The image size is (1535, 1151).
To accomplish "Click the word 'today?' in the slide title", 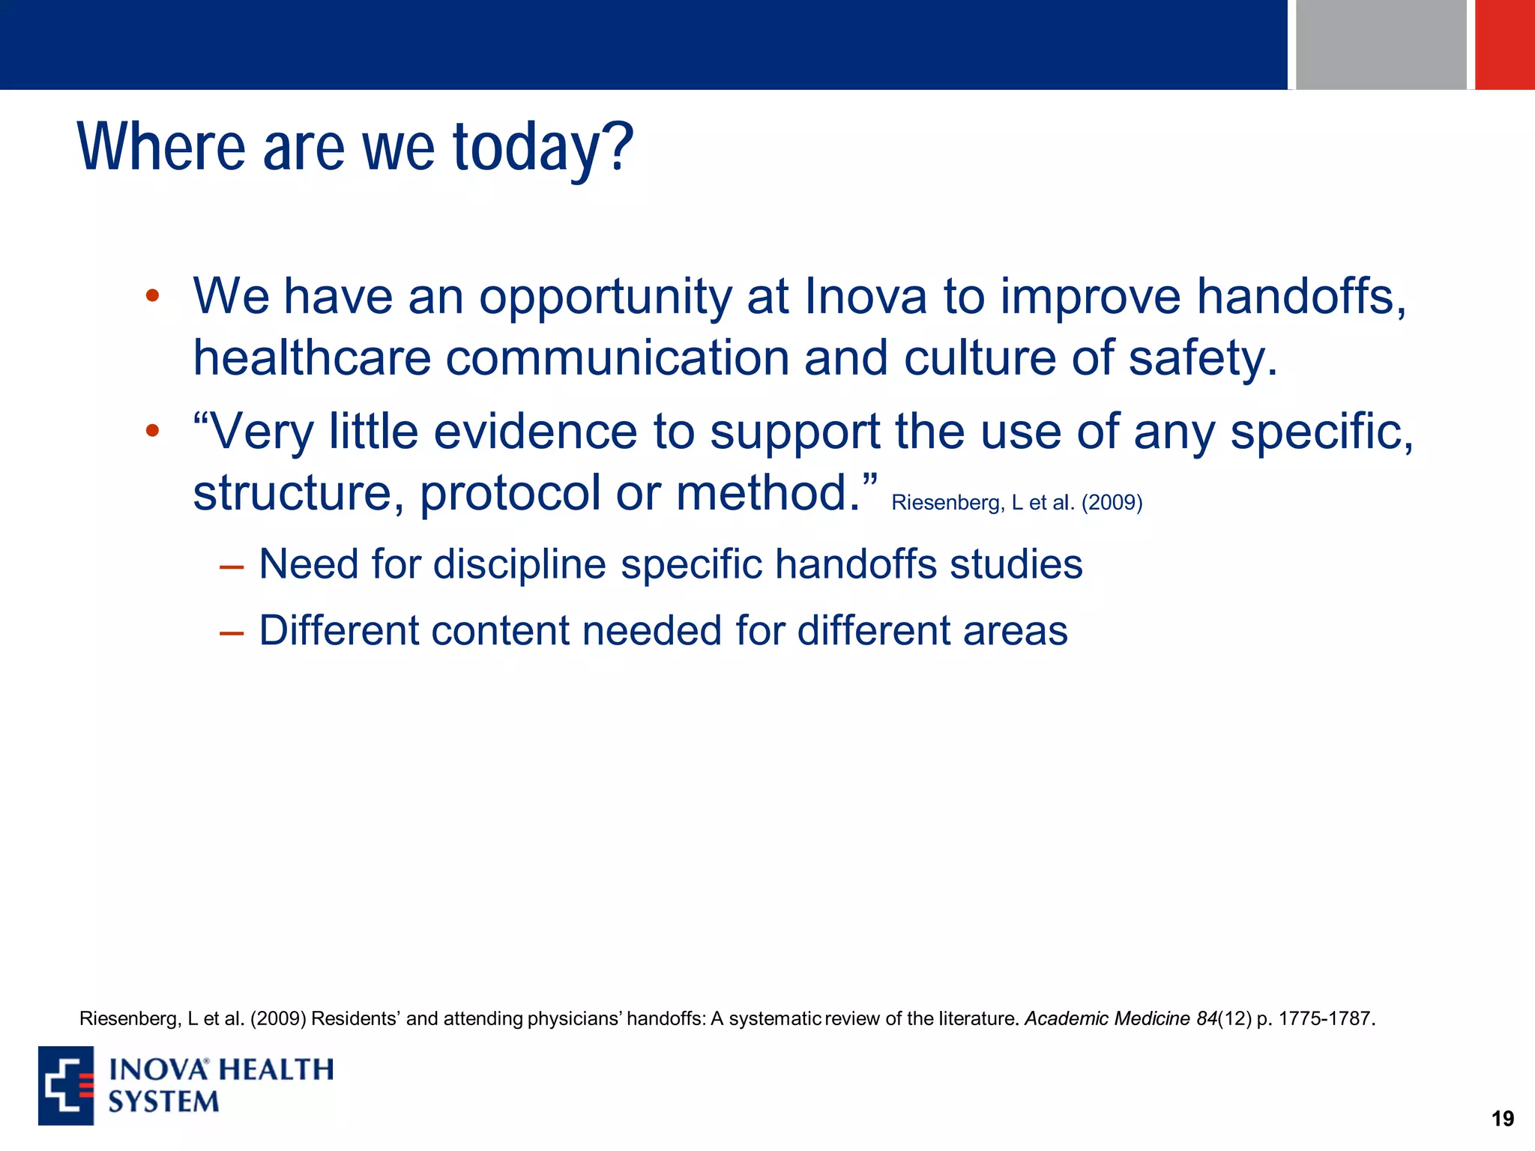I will [x=543, y=148].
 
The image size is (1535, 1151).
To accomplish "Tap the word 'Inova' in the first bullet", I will [x=866, y=297].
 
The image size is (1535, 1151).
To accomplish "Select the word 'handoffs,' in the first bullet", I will [x=1301, y=297].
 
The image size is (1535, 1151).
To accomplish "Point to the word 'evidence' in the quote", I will [x=535, y=432].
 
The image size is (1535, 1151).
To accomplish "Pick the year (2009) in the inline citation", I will [x=1112, y=503].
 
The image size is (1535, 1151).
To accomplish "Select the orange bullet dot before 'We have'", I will [x=152, y=296].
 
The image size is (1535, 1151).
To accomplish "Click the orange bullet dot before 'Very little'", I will [x=152, y=431].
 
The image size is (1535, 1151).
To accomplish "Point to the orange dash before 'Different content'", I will [x=232, y=634].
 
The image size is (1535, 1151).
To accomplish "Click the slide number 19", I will [x=1502, y=1119].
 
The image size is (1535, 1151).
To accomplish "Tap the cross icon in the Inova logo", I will [x=66, y=1085].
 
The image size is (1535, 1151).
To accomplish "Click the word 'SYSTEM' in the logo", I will [x=163, y=1102].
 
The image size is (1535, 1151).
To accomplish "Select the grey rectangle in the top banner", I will [x=1381, y=45].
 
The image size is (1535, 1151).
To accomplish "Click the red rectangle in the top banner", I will [x=1504, y=45].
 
